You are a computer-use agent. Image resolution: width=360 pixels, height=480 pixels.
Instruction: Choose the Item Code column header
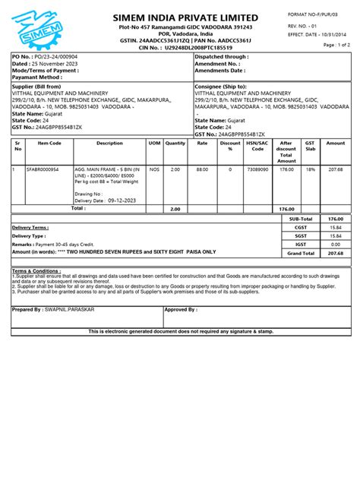49,143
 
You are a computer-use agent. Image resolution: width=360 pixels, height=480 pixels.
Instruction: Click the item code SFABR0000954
43,169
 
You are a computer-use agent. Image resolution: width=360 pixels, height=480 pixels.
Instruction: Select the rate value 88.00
202,169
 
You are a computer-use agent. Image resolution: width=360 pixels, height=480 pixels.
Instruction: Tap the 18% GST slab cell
310,169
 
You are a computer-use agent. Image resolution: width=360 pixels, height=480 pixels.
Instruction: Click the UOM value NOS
154,169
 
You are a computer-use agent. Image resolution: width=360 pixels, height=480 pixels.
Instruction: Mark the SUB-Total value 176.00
335,219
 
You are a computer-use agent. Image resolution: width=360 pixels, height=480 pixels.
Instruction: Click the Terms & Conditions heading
36,270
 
